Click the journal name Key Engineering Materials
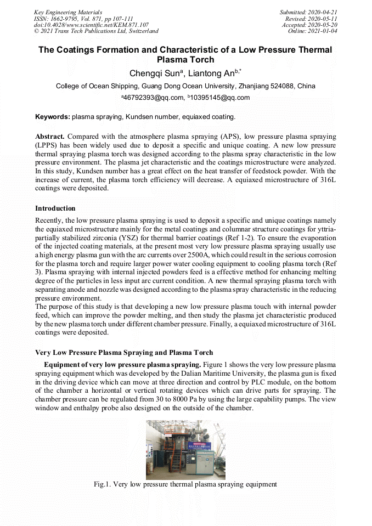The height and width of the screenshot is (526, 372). [68, 12]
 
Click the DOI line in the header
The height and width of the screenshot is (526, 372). [91, 25]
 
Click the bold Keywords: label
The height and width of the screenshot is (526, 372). [53, 117]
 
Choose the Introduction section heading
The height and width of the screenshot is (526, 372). [55, 208]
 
